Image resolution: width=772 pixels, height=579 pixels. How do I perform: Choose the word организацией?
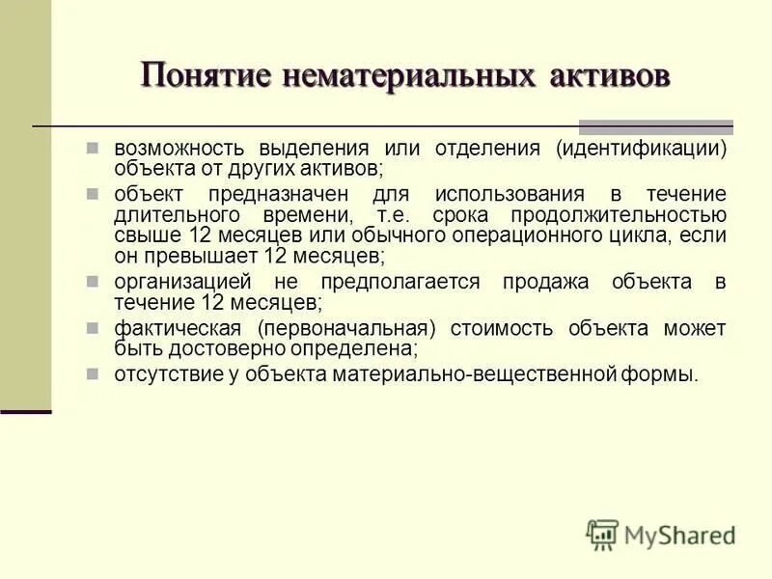pos(183,282)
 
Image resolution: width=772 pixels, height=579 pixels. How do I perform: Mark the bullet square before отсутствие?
pos(93,373)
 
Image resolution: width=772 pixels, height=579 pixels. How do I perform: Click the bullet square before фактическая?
pos(93,327)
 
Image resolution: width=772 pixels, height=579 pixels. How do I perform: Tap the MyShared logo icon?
pos(602,535)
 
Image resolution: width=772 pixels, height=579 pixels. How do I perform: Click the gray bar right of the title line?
pos(655,126)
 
